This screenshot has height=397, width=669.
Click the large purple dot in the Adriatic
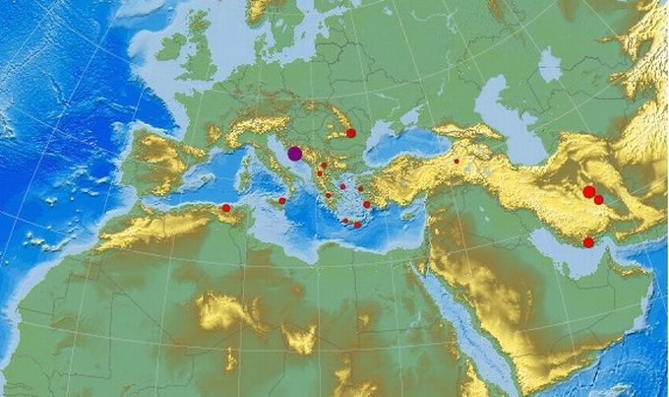[x=295, y=153]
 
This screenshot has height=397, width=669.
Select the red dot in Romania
[x=351, y=133]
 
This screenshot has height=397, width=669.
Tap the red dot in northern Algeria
[x=225, y=208]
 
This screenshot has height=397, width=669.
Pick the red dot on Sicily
[x=282, y=201]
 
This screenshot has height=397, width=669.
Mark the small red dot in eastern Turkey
[x=456, y=161]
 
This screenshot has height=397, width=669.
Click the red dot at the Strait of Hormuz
[x=588, y=242]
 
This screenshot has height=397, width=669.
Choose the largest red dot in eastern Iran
[x=588, y=192]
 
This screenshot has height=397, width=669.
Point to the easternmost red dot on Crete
[x=357, y=225]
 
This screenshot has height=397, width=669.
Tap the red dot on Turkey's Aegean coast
[x=367, y=205]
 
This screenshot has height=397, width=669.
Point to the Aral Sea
[x=550, y=65]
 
